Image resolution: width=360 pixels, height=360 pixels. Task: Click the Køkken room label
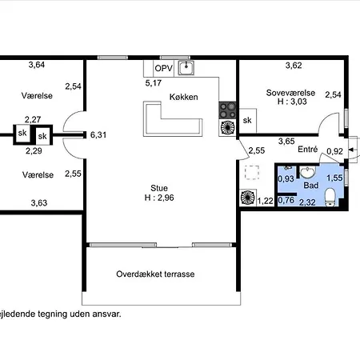(x=184, y=97)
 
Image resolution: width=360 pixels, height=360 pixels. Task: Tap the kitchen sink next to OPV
(x=186, y=68)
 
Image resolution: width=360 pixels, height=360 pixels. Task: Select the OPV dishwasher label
(x=163, y=68)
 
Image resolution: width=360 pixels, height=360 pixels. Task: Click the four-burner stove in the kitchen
(x=227, y=110)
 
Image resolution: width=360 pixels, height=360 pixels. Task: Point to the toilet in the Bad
(x=330, y=198)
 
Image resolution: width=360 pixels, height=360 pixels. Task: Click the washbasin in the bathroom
(x=308, y=172)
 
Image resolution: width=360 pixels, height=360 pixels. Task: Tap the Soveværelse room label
(x=290, y=93)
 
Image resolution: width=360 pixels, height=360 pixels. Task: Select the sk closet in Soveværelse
(x=247, y=121)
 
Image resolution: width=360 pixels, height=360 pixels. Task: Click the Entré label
(x=308, y=149)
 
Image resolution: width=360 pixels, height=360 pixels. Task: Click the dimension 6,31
(x=98, y=135)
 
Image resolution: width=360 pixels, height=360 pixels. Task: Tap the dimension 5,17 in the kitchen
(x=154, y=83)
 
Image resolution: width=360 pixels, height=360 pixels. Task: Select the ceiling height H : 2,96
(x=159, y=198)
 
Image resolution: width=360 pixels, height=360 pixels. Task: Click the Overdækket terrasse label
(x=155, y=274)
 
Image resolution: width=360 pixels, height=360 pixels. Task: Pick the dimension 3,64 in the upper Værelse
(x=37, y=65)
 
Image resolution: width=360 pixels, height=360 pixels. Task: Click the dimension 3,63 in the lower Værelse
(x=39, y=203)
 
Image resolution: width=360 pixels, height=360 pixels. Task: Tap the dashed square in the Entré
(x=252, y=172)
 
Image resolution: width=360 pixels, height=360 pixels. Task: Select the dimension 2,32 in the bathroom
(x=307, y=202)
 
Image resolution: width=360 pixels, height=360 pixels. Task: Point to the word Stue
(x=159, y=188)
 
